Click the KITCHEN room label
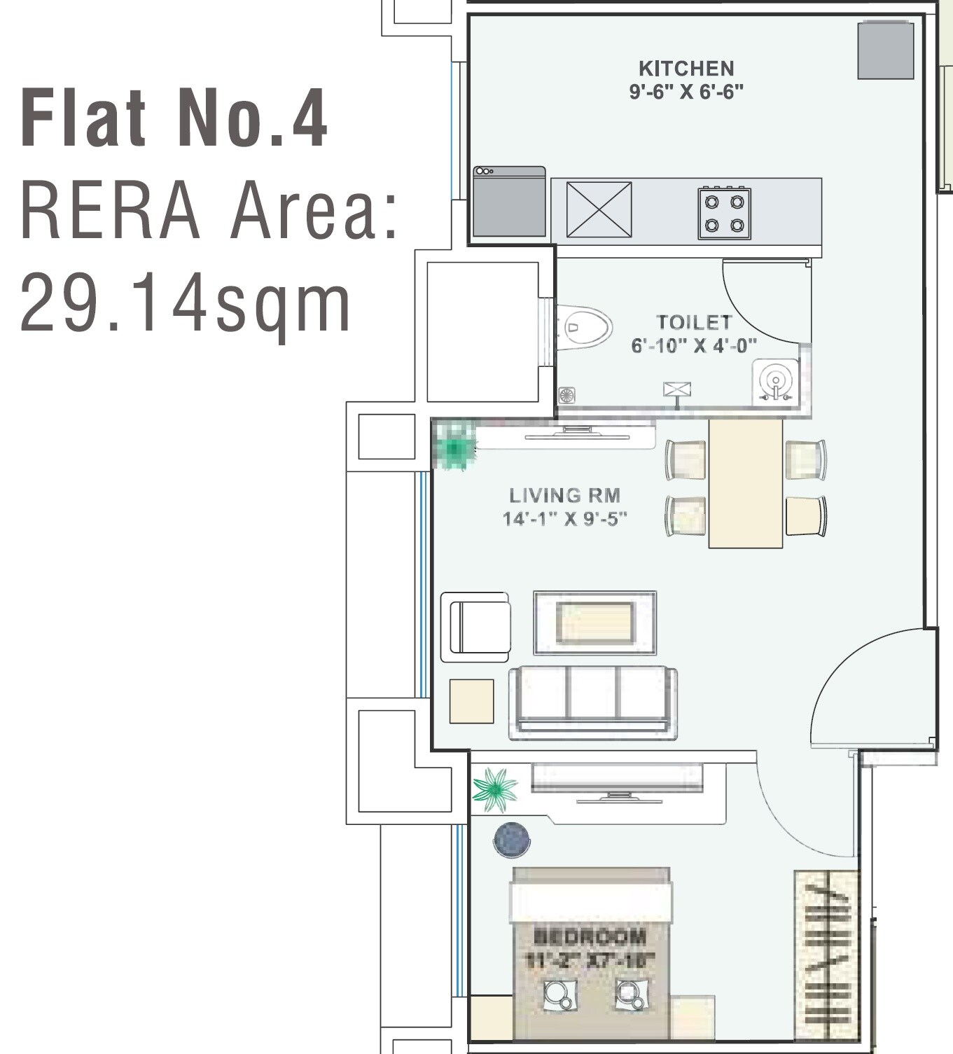[686, 69]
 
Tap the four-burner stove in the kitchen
[724, 214]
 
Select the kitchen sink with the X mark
[599, 209]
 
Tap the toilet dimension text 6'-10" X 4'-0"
[694, 346]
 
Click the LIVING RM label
[564, 496]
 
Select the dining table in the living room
[745, 483]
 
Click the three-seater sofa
[593, 702]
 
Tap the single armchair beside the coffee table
[475, 627]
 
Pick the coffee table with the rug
[595, 623]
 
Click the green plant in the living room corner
[455, 446]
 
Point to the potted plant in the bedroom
[495, 790]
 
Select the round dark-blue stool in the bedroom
[512, 839]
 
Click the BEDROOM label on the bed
[590, 936]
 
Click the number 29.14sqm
[186, 304]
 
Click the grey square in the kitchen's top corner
[886, 50]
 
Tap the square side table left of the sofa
[471, 701]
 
